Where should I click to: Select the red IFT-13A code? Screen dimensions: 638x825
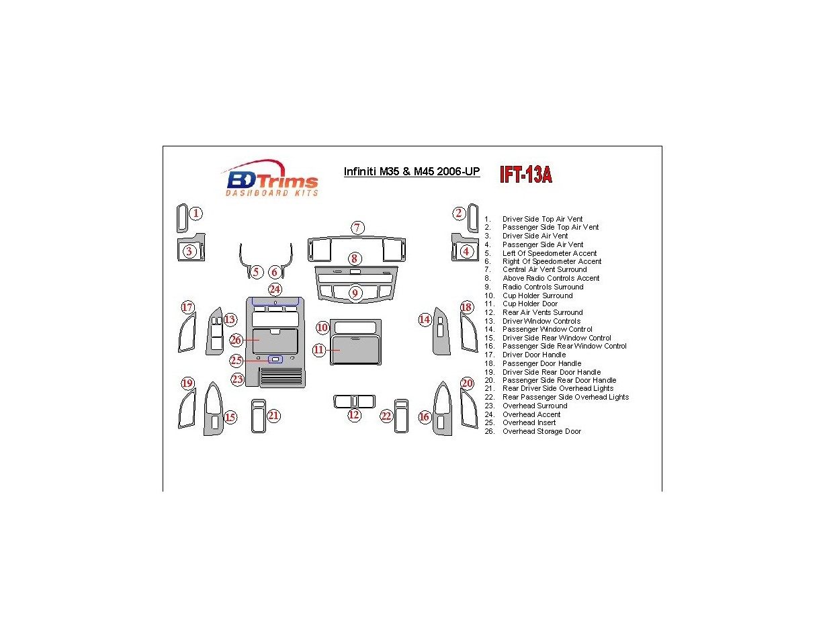tap(525, 175)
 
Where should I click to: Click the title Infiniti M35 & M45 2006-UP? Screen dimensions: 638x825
tap(412, 172)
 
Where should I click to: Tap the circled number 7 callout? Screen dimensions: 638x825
tap(357, 228)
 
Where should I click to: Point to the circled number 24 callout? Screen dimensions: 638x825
tap(275, 289)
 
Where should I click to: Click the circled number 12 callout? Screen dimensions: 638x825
tap(354, 415)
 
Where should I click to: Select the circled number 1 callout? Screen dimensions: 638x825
tap(196, 214)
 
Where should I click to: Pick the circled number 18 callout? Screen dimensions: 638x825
tap(466, 308)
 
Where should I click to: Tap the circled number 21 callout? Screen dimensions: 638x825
tap(273, 416)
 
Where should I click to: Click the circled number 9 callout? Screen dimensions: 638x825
tap(355, 293)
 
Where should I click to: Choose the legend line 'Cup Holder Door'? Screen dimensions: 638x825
tap(529, 304)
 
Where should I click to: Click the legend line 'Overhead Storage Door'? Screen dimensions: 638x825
tap(541, 431)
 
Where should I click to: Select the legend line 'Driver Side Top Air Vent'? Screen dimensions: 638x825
tap(541, 219)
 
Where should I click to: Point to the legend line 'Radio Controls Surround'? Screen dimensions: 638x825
tap(542, 287)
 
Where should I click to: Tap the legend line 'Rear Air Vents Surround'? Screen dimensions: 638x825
tap(542, 312)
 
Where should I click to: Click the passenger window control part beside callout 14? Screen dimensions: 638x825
tap(443, 331)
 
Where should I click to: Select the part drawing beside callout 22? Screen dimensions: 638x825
tap(401, 416)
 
